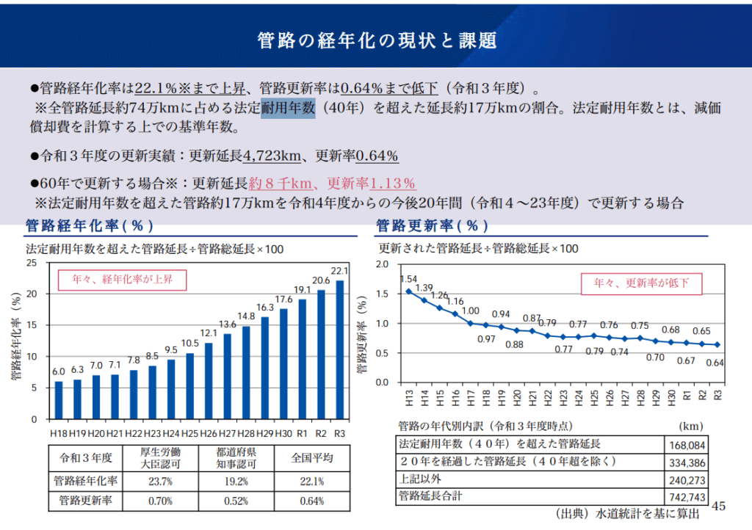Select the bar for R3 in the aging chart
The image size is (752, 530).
coord(339,349)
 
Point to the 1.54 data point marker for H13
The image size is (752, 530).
coord(408,291)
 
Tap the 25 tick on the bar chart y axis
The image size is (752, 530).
coord(31,262)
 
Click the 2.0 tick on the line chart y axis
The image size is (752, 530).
coord(382,264)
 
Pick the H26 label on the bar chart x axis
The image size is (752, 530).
coord(209,434)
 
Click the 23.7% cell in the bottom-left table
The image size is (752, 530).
coord(160,482)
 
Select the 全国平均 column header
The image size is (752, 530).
coord(312,458)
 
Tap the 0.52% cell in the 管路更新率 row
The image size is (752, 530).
coord(236,501)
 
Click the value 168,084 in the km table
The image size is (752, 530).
coord(687,445)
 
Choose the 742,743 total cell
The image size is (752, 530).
coord(687,497)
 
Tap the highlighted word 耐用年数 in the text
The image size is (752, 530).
coord(288,109)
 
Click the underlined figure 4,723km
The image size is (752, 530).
coord(272,156)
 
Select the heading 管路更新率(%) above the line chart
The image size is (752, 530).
coord(433,225)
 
